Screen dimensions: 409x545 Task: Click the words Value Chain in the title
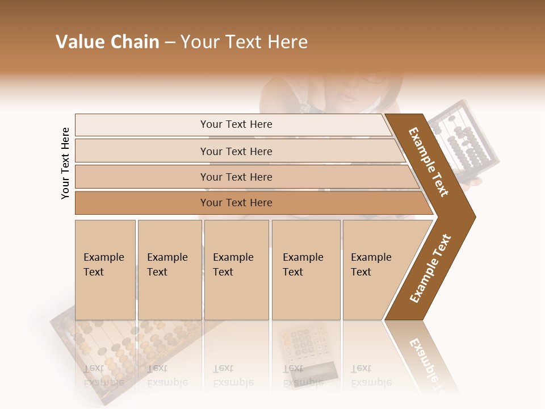[x=107, y=42]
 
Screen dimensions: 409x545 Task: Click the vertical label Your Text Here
[x=65, y=163]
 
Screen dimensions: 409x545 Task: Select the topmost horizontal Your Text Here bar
[x=236, y=124]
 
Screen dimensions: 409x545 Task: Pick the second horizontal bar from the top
[x=236, y=151]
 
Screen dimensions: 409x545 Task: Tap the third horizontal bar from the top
[x=236, y=177]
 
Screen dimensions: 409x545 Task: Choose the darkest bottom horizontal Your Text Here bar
[x=236, y=203]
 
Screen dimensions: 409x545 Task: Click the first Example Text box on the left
[x=105, y=270]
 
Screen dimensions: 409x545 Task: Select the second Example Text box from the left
[x=169, y=270]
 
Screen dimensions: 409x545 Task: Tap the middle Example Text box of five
[x=236, y=270]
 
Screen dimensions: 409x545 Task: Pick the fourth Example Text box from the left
[x=305, y=270]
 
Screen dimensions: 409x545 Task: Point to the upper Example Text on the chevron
[x=429, y=161]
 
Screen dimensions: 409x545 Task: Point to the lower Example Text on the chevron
[x=430, y=268]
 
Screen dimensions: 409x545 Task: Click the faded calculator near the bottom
[x=303, y=349]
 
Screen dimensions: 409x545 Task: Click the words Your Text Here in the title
[x=244, y=42]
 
